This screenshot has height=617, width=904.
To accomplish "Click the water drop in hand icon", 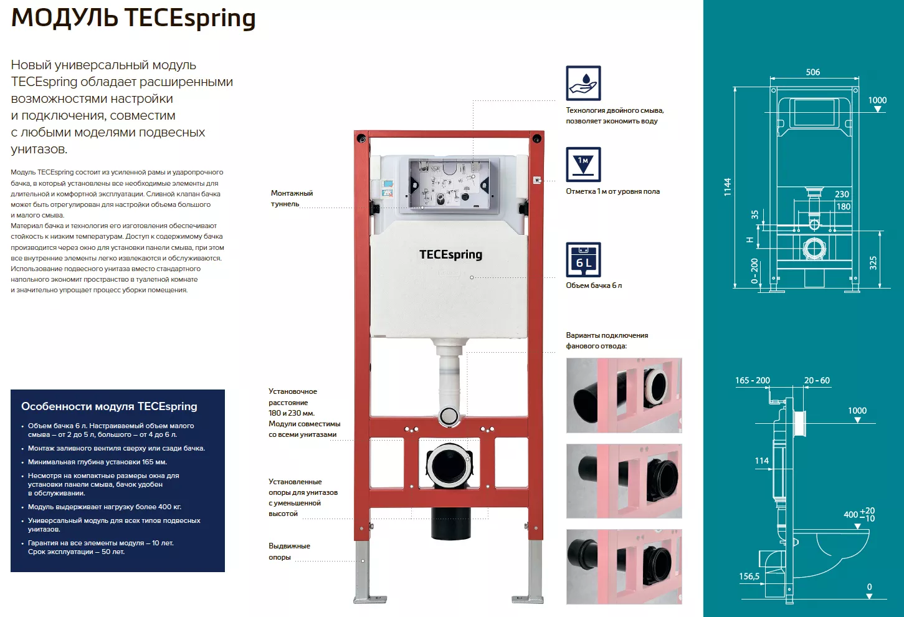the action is point(583,83).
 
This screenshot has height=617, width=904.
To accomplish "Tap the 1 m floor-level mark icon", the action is point(583,165).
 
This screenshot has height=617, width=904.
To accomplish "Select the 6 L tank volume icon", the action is point(583,260).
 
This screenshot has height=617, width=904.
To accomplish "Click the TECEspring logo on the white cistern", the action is point(450,255).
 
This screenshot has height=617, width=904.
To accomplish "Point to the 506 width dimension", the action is point(813,72).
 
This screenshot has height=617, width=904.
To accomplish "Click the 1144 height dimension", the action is point(727,187).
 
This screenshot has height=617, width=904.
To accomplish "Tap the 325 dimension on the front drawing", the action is point(873,263).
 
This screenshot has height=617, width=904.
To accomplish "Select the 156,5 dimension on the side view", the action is point(749,576).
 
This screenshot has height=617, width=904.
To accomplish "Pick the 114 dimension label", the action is point(762,461).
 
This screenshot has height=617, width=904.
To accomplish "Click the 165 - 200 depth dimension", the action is point(752,380).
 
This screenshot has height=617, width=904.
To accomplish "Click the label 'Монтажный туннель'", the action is point(292,198).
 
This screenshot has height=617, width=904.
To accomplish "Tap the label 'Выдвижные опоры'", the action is point(289,552).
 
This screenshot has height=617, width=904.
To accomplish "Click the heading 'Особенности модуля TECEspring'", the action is point(109,406).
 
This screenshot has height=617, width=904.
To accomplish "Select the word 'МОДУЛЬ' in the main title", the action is point(65,18).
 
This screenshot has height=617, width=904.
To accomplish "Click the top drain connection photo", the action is point(624,395).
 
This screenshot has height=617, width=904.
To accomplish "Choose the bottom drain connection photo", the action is point(624,567).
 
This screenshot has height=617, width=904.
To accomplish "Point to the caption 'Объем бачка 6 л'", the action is point(594,285).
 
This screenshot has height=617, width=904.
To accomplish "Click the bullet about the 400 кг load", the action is point(105,507).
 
